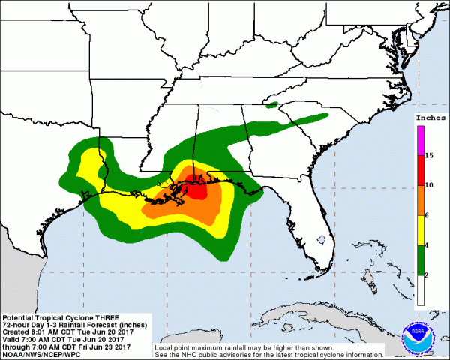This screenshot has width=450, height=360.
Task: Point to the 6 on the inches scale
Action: (428, 215)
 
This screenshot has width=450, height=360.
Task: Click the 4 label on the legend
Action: (428, 245)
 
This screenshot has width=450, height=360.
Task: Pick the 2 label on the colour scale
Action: (428, 275)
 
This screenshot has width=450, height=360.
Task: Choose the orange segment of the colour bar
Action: (420, 200)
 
